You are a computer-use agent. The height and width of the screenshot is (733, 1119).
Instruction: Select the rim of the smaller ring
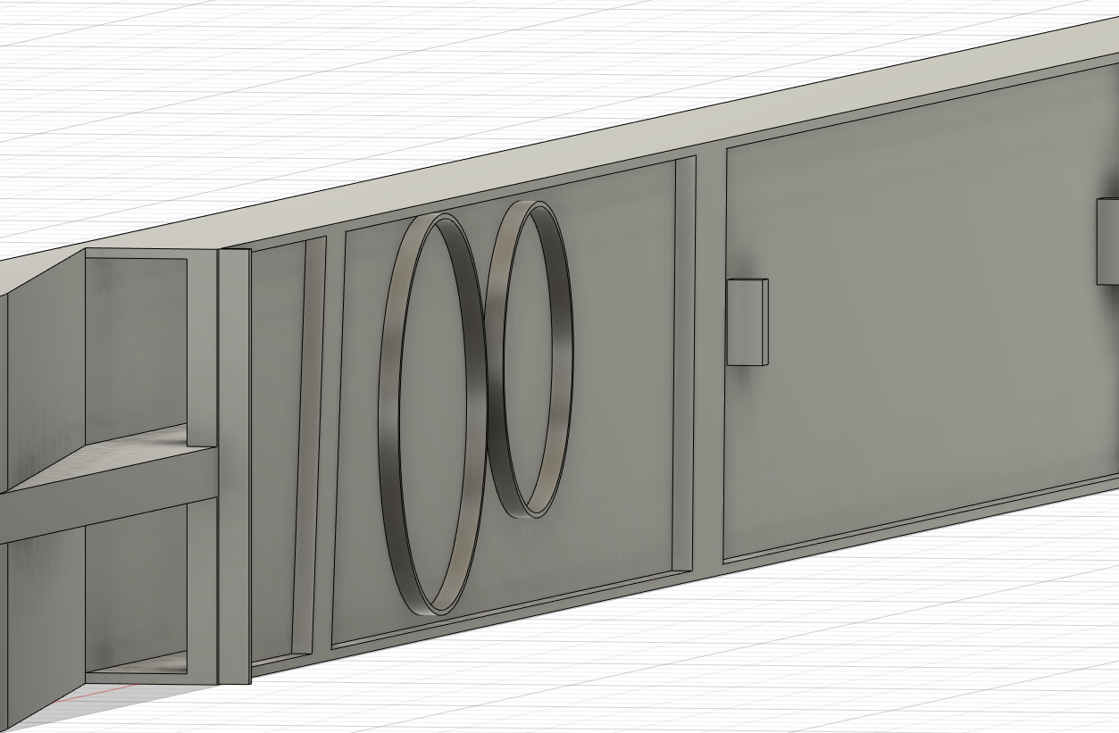(563, 357)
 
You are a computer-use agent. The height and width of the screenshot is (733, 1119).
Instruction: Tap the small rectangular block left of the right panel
(747, 321)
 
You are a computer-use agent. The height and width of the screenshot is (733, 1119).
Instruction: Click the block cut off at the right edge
(1108, 241)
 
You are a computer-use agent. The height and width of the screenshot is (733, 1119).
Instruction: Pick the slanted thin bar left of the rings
(308, 446)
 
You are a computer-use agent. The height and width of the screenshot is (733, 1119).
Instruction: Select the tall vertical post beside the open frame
(234, 464)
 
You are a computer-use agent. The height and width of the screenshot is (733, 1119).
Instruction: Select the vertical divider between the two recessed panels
(709, 357)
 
